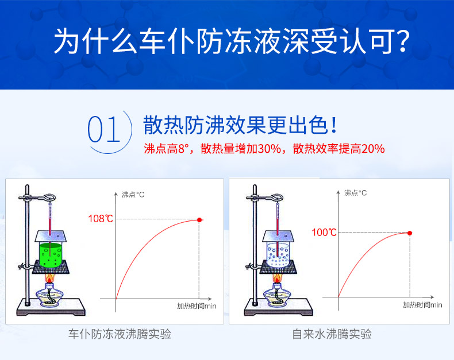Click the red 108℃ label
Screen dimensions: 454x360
pyautogui.click(x=101, y=219)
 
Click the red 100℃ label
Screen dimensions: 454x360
pyautogui.click(x=324, y=232)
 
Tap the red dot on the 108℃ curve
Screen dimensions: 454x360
pyautogui.click(x=199, y=220)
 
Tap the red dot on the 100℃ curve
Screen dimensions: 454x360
pyautogui.click(x=410, y=233)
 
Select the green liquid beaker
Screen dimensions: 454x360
pyautogui.click(x=51, y=255)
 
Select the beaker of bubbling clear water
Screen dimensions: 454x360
pyautogui.click(x=278, y=255)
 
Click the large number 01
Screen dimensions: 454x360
pyautogui.click(x=103, y=130)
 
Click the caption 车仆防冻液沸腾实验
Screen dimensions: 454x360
pyautogui.click(x=120, y=334)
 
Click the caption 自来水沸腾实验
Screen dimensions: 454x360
pyautogui.click(x=332, y=334)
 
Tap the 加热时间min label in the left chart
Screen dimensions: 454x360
pyautogui.click(x=197, y=306)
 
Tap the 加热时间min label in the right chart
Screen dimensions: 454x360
pyautogui.click(x=422, y=305)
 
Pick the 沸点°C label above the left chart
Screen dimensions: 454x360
pyautogui.click(x=133, y=195)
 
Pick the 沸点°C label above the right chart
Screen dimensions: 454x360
pyautogui.click(x=355, y=193)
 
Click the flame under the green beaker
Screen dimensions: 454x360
pyautogui.click(x=49, y=278)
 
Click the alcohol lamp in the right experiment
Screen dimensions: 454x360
pyautogui.click(x=277, y=295)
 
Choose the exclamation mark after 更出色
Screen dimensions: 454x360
pyautogui.click(x=334, y=125)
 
